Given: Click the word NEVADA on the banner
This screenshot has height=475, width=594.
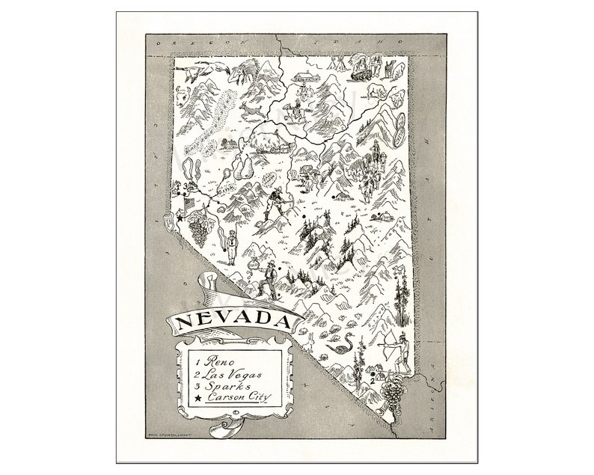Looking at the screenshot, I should [233, 322].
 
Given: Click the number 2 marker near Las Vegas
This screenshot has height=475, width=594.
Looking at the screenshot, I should [372, 380].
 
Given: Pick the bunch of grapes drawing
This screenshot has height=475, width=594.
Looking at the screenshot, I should [198, 225].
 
